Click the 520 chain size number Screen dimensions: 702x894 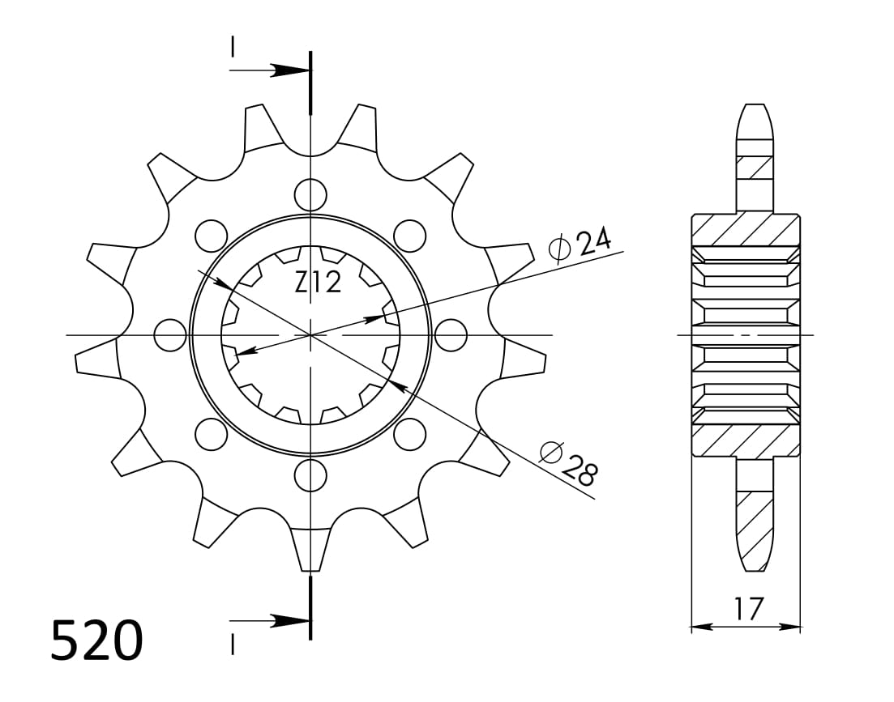coord(96,640)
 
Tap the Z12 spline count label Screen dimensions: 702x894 coord(318,283)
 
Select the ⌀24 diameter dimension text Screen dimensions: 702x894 coord(580,244)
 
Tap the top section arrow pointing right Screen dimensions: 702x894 coord(284,70)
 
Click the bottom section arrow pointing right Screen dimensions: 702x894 coord(284,621)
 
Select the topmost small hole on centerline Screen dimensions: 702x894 coord(310,194)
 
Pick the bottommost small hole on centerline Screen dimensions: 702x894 coord(310,475)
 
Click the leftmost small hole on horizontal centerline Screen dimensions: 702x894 coord(170,335)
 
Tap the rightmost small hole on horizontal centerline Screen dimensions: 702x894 coord(451,335)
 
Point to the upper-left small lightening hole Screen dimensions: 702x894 coord(211,235)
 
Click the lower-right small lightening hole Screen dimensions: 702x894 coord(410,435)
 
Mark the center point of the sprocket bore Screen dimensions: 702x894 coord(310,334)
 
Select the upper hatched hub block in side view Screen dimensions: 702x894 coord(745,230)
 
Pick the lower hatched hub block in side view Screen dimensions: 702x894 coord(745,440)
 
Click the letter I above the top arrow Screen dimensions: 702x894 coord(232,48)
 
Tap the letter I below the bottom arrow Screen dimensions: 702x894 coord(232,644)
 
